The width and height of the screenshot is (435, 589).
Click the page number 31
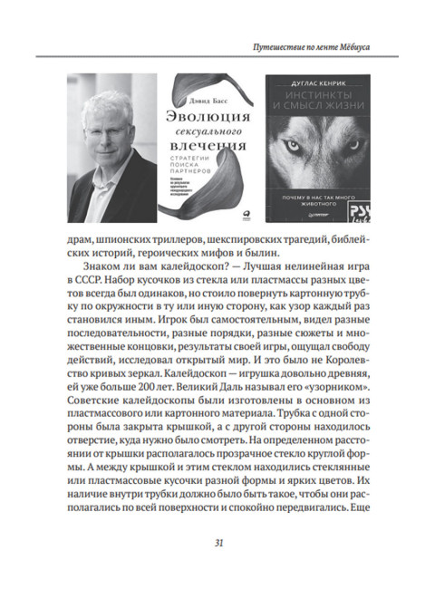point(217,543)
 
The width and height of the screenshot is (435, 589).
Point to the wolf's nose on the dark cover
point(311,177)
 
